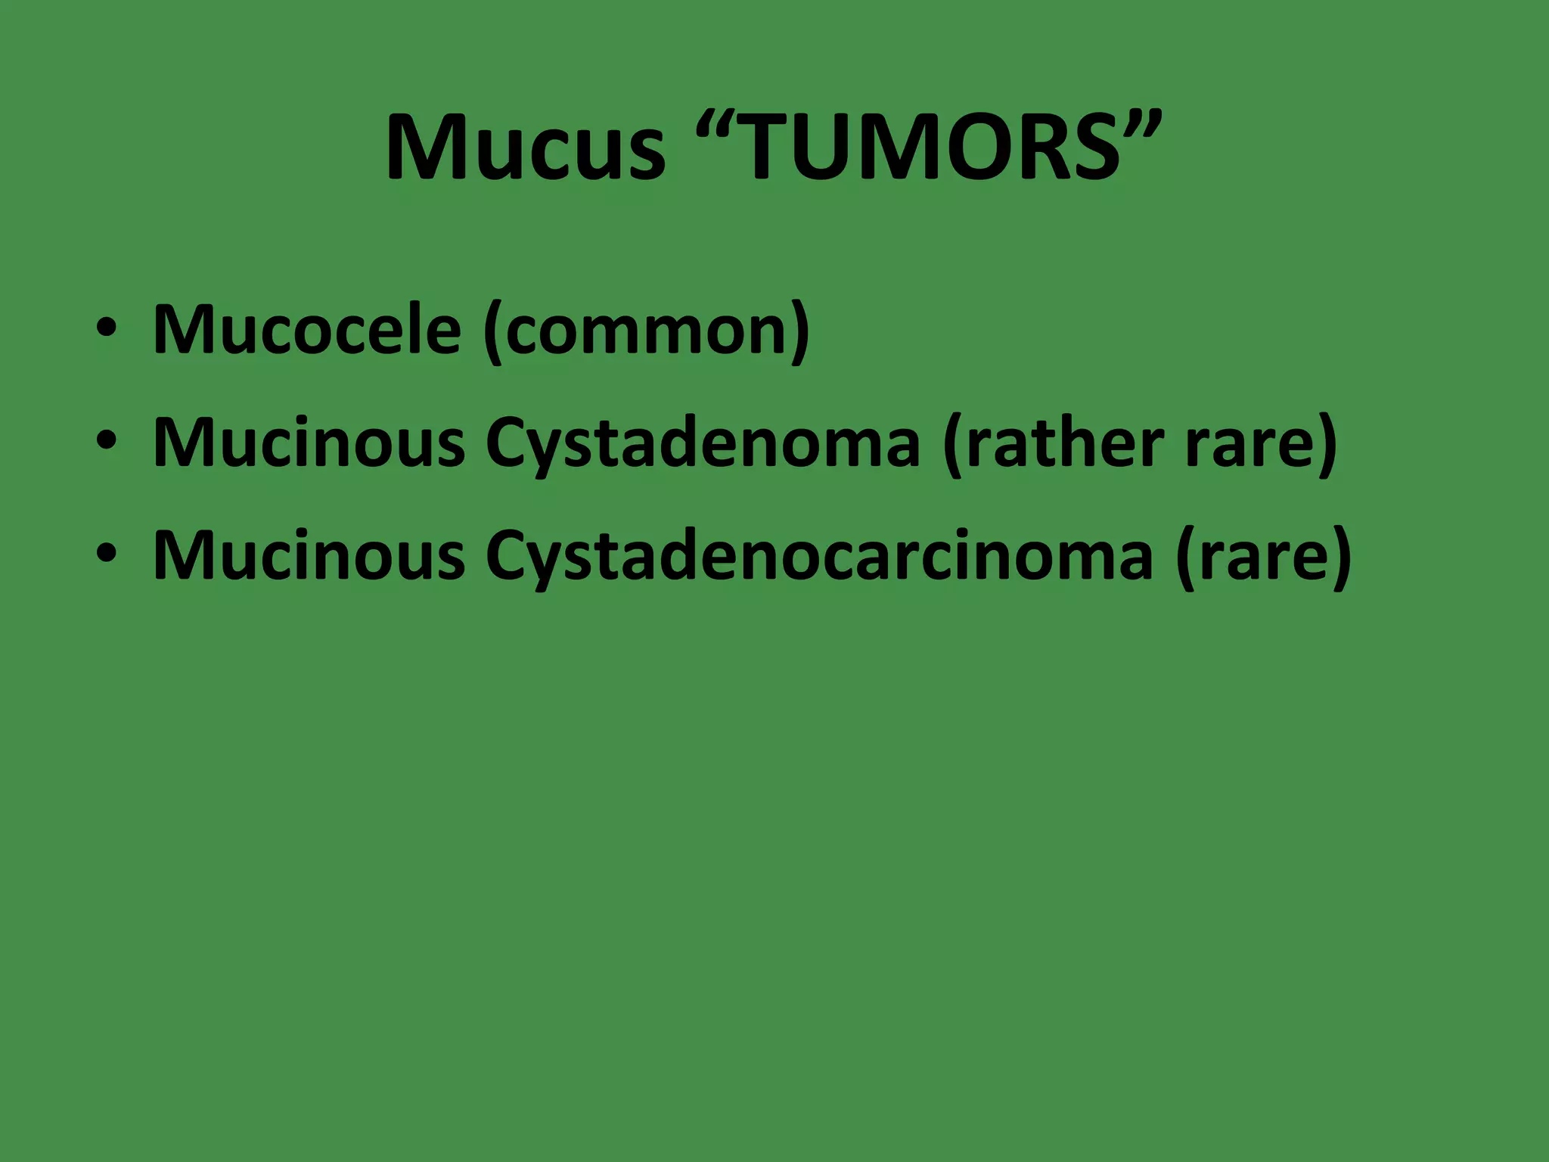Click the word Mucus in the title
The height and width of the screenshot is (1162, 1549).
(x=525, y=148)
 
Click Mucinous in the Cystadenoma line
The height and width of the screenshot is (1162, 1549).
(x=309, y=443)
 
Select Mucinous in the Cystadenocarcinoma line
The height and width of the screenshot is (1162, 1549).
(x=309, y=555)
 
